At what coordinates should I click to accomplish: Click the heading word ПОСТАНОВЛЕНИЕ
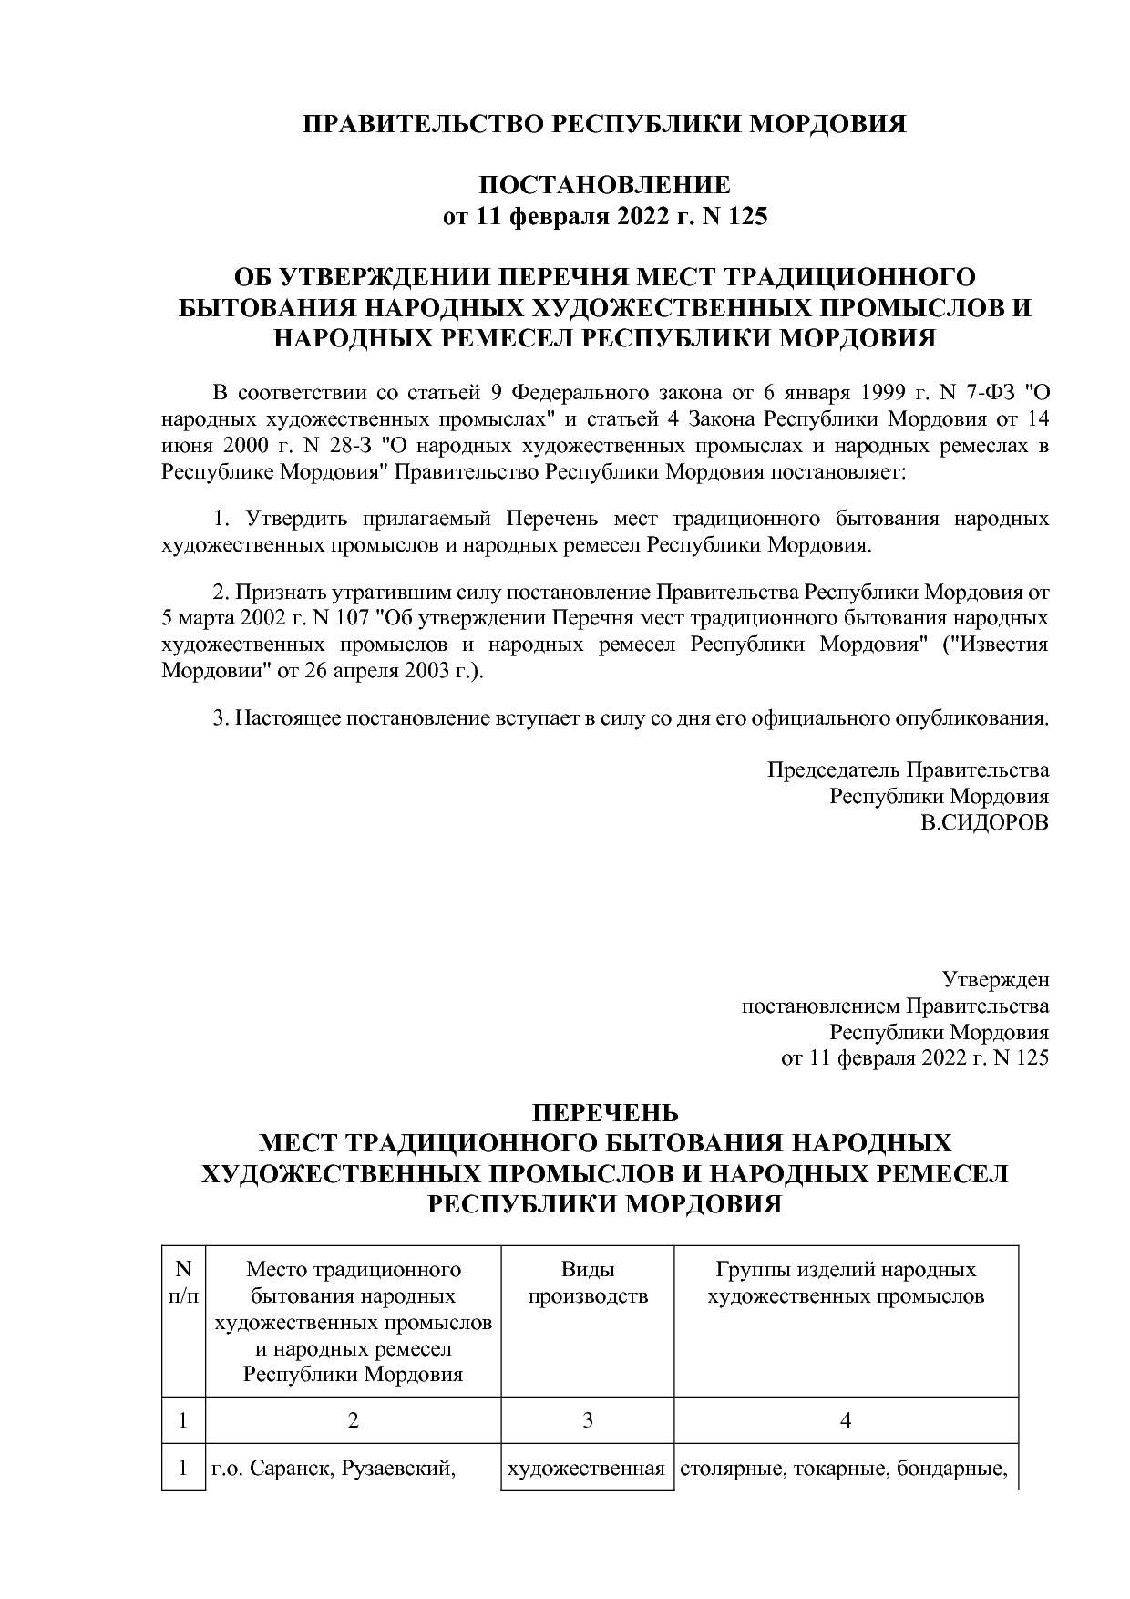(x=605, y=185)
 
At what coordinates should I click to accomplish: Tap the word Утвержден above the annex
(x=995, y=980)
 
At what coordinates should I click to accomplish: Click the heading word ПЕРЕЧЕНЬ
(x=605, y=1113)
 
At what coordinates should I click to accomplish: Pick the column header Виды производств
(x=588, y=1283)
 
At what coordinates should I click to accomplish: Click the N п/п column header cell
(x=183, y=1283)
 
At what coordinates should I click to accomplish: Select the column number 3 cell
(x=588, y=1420)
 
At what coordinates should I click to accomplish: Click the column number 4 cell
(x=846, y=1420)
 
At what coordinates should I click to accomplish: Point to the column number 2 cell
(x=354, y=1420)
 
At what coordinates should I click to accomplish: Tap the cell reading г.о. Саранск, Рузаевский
(x=334, y=1469)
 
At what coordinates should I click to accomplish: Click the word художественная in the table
(x=585, y=1469)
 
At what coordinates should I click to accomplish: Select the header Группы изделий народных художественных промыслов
(x=846, y=1283)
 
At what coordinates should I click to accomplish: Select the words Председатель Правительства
(x=908, y=769)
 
